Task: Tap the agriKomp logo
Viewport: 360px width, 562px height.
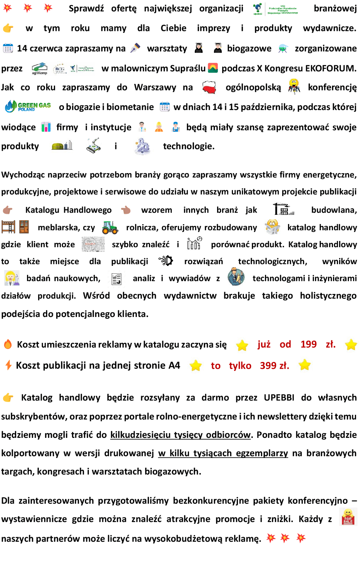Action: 40,68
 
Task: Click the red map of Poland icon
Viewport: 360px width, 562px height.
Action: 209,87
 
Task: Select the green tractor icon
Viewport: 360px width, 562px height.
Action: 110,227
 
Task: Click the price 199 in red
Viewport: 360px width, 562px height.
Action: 309,344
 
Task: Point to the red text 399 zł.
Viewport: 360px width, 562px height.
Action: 274,366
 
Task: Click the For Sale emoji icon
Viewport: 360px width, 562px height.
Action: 348,517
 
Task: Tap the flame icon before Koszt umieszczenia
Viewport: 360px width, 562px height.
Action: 8,344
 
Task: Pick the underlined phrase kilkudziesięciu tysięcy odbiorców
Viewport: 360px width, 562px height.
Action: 180,435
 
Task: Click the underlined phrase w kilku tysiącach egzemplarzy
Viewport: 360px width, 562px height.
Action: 223,453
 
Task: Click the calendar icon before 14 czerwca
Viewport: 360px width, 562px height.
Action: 8,48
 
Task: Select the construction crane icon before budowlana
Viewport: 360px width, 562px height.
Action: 283,209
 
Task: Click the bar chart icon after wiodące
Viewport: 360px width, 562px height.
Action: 46,127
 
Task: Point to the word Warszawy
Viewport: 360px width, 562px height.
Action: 155,87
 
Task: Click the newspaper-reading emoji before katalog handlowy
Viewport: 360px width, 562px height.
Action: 273,227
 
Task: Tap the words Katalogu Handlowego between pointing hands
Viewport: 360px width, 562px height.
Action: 68,210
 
